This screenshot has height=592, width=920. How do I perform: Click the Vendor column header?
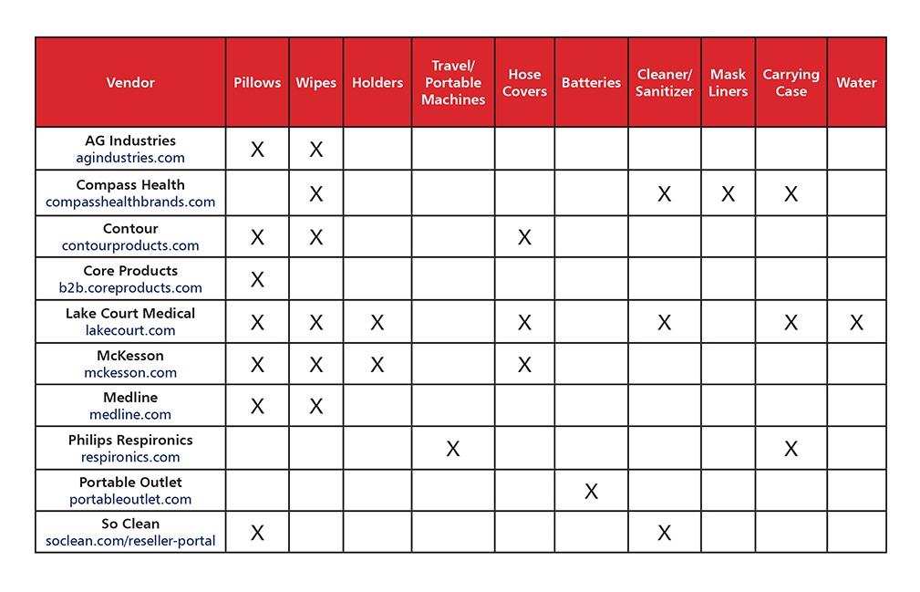(130, 82)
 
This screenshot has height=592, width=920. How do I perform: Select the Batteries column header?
(591, 82)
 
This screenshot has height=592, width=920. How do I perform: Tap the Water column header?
(856, 82)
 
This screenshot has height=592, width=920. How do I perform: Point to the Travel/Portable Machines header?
(453, 82)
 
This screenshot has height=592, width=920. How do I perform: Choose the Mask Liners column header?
(728, 82)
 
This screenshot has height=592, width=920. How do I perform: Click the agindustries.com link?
(130, 158)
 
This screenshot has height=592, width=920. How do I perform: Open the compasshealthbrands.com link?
(130, 202)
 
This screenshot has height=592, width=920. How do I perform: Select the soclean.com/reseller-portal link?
(130, 541)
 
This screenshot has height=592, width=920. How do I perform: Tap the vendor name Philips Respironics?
(130, 440)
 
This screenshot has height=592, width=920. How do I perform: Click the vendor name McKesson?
(130, 355)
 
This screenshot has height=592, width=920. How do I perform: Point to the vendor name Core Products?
(130, 271)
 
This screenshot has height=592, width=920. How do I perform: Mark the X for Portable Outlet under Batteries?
(591, 492)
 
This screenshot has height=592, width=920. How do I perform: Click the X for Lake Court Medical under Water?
(856, 322)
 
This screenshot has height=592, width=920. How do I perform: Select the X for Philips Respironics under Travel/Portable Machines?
(453, 449)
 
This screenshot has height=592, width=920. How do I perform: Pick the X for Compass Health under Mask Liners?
(728, 193)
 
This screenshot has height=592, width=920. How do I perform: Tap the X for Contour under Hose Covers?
(524, 237)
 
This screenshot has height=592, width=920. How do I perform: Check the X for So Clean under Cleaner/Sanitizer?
(664, 533)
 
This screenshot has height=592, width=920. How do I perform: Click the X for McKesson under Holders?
(377, 365)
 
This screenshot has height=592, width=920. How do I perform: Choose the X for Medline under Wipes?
(315, 406)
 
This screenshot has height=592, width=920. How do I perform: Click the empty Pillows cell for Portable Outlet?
(257, 491)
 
